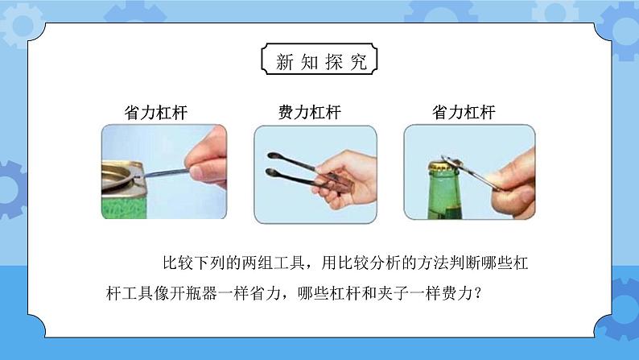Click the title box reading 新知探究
[x=319, y=59]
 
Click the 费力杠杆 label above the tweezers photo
[x=309, y=112]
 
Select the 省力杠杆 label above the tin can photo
[x=155, y=113]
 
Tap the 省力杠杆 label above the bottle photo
[x=464, y=112]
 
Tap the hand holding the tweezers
[x=346, y=177]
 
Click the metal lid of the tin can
[x=119, y=177]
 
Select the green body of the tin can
[x=123, y=206]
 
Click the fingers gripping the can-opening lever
[x=207, y=158]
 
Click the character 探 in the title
[x=334, y=61]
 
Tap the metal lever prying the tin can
[x=165, y=173]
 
